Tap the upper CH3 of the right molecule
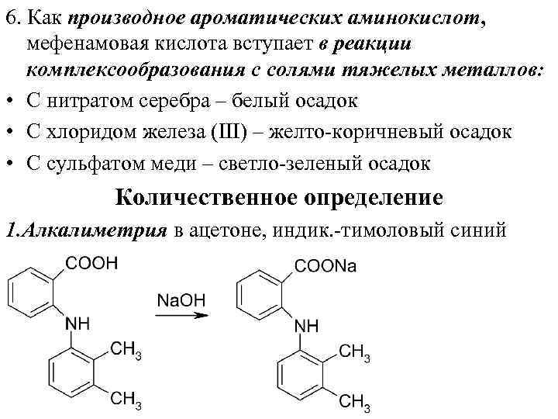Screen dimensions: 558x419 356,353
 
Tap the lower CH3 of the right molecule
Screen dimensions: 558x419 356,402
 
